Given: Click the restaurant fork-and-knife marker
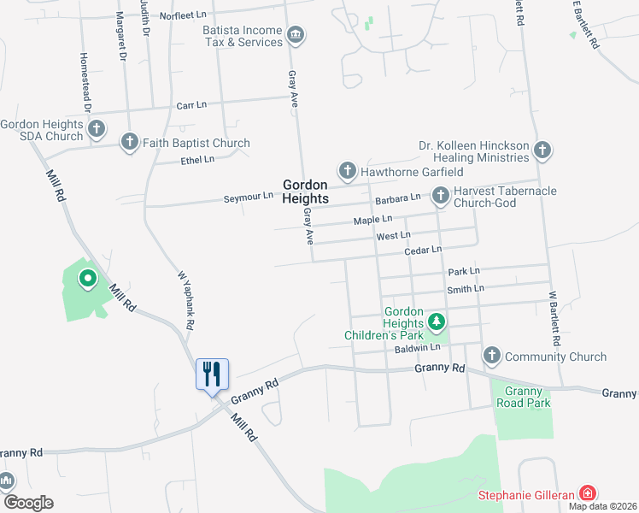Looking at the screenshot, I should point(212,374).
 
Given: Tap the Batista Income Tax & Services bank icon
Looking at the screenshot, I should point(296,35).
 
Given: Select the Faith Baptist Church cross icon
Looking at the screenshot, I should point(130,142).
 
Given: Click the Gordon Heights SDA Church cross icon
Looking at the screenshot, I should point(97,130).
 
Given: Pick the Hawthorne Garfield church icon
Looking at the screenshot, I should point(348,171).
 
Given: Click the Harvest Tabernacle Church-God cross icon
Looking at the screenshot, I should point(441,197).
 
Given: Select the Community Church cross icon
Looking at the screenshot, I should point(492,356).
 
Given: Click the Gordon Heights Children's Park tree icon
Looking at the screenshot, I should point(437,322).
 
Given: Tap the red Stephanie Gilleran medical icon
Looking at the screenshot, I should point(587,493).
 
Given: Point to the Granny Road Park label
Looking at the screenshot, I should point(521,396).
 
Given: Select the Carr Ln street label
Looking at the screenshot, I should point(191,105).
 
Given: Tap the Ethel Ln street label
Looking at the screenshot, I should point(196,161).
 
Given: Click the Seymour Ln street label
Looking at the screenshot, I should point(248,196).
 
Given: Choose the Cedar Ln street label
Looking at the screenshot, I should point(423,251).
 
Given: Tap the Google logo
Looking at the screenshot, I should point(28,503).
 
